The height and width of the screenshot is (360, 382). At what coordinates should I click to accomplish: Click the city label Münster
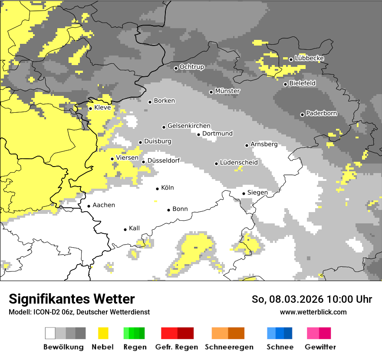point(227,91)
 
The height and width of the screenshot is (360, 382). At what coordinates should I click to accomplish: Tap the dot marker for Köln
point(158,189)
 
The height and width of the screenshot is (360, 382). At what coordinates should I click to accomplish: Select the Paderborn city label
point(321,114)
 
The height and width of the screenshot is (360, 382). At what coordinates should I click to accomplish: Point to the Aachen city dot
point(89,206)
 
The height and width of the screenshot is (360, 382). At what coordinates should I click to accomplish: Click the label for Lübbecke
point(309,58)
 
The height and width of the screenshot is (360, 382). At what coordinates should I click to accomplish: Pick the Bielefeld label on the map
point(302,83)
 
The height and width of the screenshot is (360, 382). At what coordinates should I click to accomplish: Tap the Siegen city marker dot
point(244,193)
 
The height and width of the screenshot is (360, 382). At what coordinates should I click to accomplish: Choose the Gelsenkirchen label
point(189,126)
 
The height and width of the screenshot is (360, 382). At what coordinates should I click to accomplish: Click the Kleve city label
point(102,108)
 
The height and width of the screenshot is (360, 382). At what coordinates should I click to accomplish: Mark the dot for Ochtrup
point(176,68)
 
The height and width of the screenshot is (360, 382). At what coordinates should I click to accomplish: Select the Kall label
point(134,228)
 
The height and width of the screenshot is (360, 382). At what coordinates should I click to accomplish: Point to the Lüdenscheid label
point(239,163)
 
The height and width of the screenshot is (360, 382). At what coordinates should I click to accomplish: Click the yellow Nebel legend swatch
point(103,333)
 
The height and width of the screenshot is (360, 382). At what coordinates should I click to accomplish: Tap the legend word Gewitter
point(320,347)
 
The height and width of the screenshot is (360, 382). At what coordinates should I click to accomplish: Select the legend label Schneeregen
point(229,347)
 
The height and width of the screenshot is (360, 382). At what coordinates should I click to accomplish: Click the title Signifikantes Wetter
point(72,299)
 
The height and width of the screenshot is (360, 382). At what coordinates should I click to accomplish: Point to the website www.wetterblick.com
point(313,312)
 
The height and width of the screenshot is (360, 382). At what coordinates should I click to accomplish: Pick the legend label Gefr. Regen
point(176,347)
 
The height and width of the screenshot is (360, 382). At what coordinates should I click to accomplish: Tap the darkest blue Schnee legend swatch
point(288,333)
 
